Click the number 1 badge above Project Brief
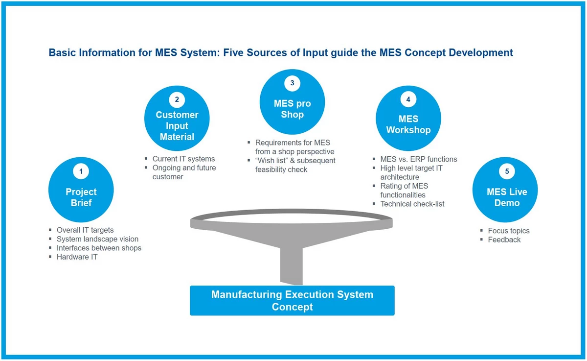[x=81, y=171]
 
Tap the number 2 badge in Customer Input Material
[x=177, y=99]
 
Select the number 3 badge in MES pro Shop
[x=292, y=83]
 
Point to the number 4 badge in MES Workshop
[x=408, y=99]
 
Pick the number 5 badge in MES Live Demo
[x=507, y=171]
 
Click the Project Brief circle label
[x=81, y=197]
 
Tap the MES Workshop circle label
[x=408, y=124]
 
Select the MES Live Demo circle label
[x=507, y=197]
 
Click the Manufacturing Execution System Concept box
[x=292, y=300]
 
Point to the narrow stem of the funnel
[x=292, y=265]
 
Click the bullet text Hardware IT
[x=77, y=257]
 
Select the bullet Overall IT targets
[x=85, y=230]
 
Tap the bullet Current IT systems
[x=183, y=159]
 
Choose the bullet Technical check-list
[x=412, y=204]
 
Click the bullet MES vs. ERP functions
[x=419, y=159]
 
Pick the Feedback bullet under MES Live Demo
[x=504, y=240]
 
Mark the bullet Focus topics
[x=509, y=231]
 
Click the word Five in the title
[x=233, y=52]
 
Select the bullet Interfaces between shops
[x=99, y=248]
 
